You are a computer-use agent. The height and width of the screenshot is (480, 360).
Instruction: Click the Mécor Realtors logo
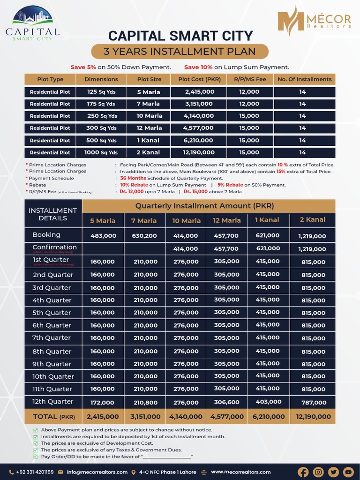[314, 21]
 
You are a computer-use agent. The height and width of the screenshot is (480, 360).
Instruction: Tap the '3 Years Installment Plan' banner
[180, 52]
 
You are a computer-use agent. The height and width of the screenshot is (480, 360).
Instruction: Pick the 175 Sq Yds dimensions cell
[101, 104]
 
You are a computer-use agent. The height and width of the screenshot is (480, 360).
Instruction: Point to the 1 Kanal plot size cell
[149, 140]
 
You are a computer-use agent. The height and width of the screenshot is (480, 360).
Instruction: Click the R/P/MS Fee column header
[249, 79]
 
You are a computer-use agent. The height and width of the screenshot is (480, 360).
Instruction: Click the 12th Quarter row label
[53, 402]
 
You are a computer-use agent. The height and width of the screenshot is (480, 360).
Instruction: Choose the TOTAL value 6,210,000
[268, 416]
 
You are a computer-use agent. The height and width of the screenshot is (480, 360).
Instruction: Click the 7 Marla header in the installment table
[144, 220]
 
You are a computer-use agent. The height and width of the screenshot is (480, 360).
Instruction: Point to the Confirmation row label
[54, 247]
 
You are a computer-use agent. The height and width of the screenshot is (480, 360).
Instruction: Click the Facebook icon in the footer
[303, 472]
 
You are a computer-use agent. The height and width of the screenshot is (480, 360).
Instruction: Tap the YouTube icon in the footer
[348, 472]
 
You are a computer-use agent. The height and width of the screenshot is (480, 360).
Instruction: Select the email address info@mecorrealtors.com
[97, 472]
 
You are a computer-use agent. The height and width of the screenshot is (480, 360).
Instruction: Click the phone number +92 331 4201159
[35, 472]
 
